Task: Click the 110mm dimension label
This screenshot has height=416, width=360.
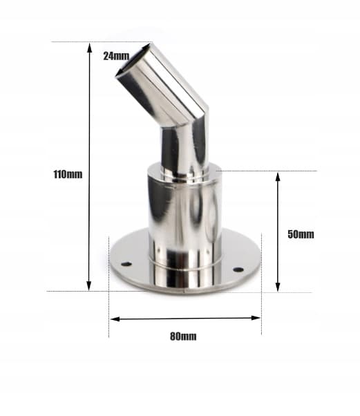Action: (x=68, y=175)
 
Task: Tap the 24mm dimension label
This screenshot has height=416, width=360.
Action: (x=116, y=56)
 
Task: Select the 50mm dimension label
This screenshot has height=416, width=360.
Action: (x=301, y=234)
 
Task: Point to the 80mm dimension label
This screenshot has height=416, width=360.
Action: (x=183, y=337)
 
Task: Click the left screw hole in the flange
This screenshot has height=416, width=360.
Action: (x=126, y=264)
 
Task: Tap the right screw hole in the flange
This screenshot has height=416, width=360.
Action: (x=238, y=270)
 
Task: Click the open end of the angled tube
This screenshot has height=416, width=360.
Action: (x=133, y=61)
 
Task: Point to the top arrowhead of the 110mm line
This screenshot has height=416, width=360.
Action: (x=90, y=48)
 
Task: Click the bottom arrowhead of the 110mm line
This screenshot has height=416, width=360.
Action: (x=89, y=285)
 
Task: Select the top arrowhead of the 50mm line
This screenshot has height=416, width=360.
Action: (x=278, y=177)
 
